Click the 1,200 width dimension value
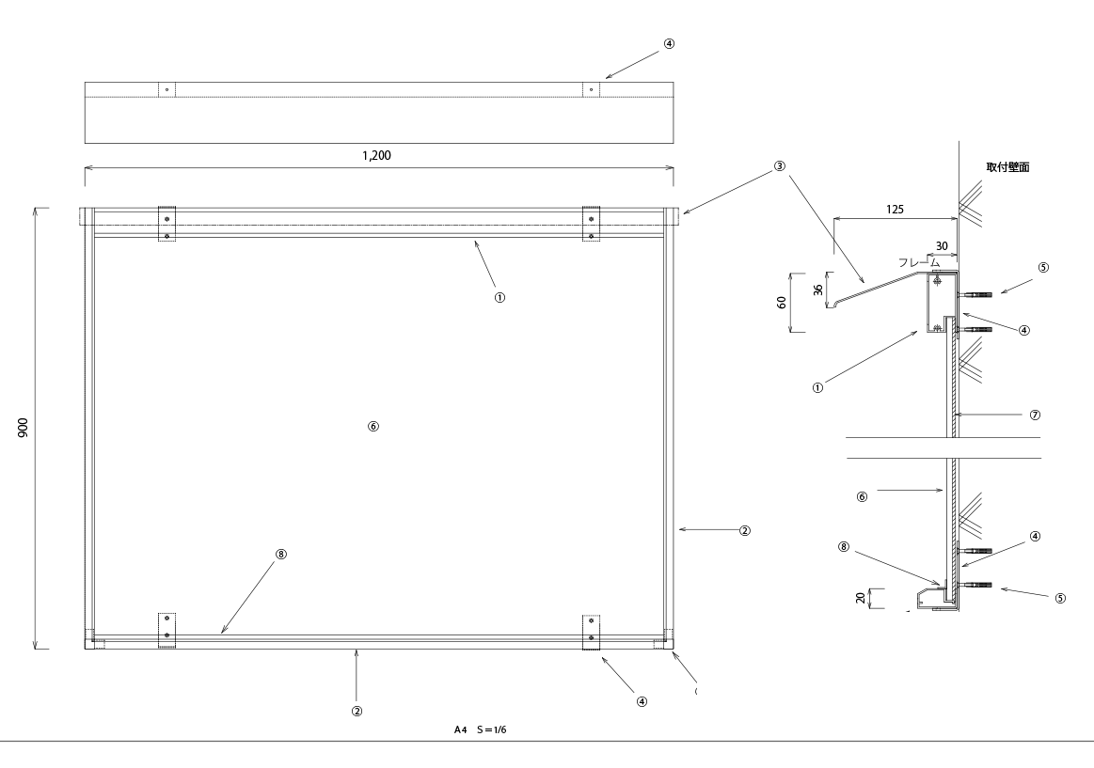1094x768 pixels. (x=376, y=156)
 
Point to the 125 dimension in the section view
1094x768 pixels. (x=895, y=210)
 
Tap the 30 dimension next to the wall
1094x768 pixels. (x=942, y=245)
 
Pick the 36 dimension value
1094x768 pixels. (x=817, y=290)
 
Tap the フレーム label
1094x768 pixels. (x=920, y=263)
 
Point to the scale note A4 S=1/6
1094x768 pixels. (x=480, y=729)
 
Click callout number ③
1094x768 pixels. (x=779, y=165)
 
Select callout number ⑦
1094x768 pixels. (x=1035, y=414)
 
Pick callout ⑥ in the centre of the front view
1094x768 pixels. (x=373, y=426)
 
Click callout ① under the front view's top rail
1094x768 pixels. (x=500, y=295)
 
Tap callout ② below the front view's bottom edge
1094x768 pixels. (x=357, y=711)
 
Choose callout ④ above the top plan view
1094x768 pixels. (x=669, y=43)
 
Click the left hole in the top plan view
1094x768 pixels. (x=166, y=89)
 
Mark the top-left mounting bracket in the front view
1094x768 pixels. (x=166, y=224)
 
